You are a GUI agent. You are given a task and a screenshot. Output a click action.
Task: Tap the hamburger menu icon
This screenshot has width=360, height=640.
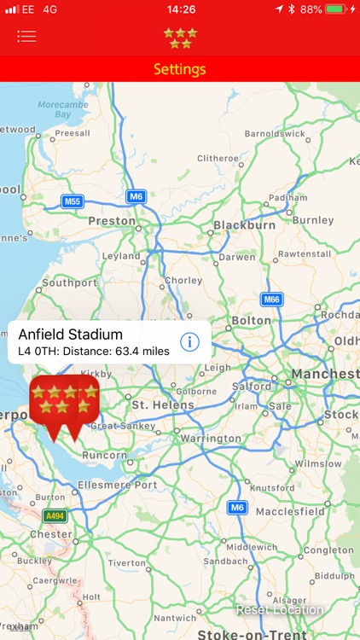tap(26, 37)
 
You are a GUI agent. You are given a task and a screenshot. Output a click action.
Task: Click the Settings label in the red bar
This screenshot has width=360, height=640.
tap(179, 69)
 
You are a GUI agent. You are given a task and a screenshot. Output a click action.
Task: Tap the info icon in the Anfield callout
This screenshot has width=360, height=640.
tap(189, 342)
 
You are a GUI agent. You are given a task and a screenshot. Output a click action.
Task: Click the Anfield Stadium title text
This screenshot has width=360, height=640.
tap(70, 334)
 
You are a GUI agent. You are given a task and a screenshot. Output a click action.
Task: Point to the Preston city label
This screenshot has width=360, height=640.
tap(111, 221)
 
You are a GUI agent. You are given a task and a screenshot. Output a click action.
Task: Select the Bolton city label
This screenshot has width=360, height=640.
tap(251, 321)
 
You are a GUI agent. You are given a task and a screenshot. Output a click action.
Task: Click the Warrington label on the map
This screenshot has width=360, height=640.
tap(211, 439)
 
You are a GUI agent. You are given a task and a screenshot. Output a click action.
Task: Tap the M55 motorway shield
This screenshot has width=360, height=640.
tap(73, 201)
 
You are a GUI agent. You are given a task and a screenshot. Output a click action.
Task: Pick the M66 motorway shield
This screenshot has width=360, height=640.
tap(271, 300)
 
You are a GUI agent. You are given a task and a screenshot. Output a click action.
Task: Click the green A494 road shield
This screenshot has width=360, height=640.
tap(55, 516)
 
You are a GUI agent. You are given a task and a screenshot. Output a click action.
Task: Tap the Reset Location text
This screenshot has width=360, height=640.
tap(280, 610)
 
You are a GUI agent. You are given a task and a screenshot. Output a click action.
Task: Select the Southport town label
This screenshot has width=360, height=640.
tap(69, 282)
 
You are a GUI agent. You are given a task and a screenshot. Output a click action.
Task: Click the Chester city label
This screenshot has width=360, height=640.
tap(50, 534)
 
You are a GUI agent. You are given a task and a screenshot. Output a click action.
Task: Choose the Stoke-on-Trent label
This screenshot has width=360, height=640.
tap(241, 634)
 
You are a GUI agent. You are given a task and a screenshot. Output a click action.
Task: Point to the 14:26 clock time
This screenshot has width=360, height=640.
tap(180, 9)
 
